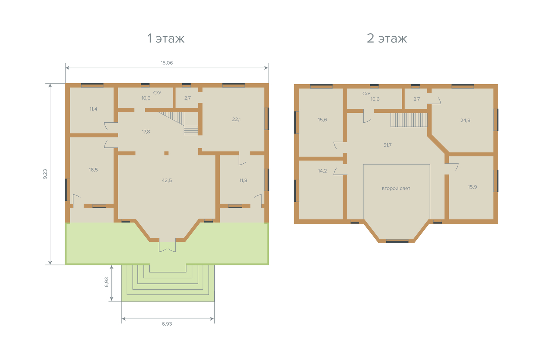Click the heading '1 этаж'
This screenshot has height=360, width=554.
pos(166,38)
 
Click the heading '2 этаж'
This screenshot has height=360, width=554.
pos(387,38)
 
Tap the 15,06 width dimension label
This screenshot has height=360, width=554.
pos(167,63)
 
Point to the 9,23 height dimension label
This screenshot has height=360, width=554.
pos(45,174)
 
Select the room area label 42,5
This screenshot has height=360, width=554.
pos(167,180)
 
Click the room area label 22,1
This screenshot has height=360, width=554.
pos(236,119)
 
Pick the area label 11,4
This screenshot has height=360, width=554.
pos(93,109)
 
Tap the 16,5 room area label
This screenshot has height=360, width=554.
pos(93,170)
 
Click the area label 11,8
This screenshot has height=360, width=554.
pos(243,180)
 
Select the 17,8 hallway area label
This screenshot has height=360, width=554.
pos(146,132)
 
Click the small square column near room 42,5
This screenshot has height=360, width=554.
pos(167,153)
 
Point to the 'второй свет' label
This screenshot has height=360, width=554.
pos(396,189)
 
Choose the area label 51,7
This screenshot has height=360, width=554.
pos(387,145)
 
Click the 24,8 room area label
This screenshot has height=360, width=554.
pos(465,120)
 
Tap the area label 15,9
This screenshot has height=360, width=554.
pos(472,187)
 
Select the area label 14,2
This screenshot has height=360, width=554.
pos(322,171)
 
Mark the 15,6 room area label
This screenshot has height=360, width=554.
pos(322,120)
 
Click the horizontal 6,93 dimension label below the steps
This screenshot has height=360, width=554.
pos(167,324)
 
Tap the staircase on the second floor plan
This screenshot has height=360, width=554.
pos(409,120)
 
